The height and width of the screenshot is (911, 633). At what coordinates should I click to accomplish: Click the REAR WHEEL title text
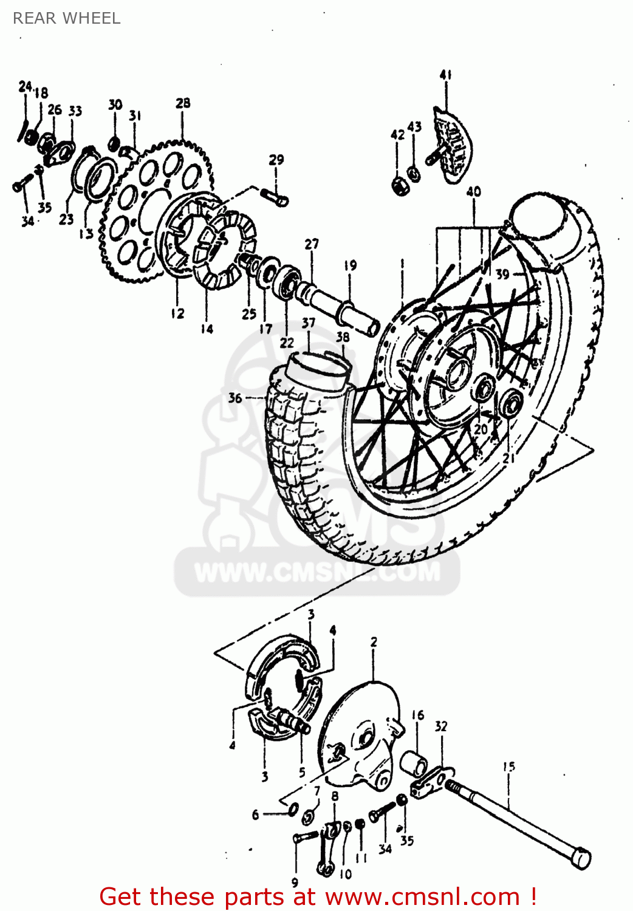pos(67,18)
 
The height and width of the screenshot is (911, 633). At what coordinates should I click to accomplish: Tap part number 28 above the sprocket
pos(183,103)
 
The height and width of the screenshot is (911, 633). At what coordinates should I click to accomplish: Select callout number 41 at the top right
pos(445,75)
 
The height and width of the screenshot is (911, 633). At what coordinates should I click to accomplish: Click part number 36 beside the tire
pos(235,398)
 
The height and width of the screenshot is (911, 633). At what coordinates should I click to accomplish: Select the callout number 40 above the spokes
pos(473,192)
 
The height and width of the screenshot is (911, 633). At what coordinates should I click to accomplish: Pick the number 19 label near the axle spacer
pos(350,265)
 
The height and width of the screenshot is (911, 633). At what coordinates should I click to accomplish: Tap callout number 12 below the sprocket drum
pos(177,313)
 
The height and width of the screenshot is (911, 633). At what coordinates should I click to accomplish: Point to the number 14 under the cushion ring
pos(207,329)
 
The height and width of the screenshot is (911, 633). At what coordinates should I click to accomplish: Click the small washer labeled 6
pos(292,809)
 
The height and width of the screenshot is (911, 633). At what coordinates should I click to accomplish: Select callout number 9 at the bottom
pos(295,882)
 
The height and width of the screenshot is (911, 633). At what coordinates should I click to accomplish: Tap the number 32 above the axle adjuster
pos(441,726)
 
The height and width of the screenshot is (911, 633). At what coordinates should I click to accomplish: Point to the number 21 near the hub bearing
pos(508,457)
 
